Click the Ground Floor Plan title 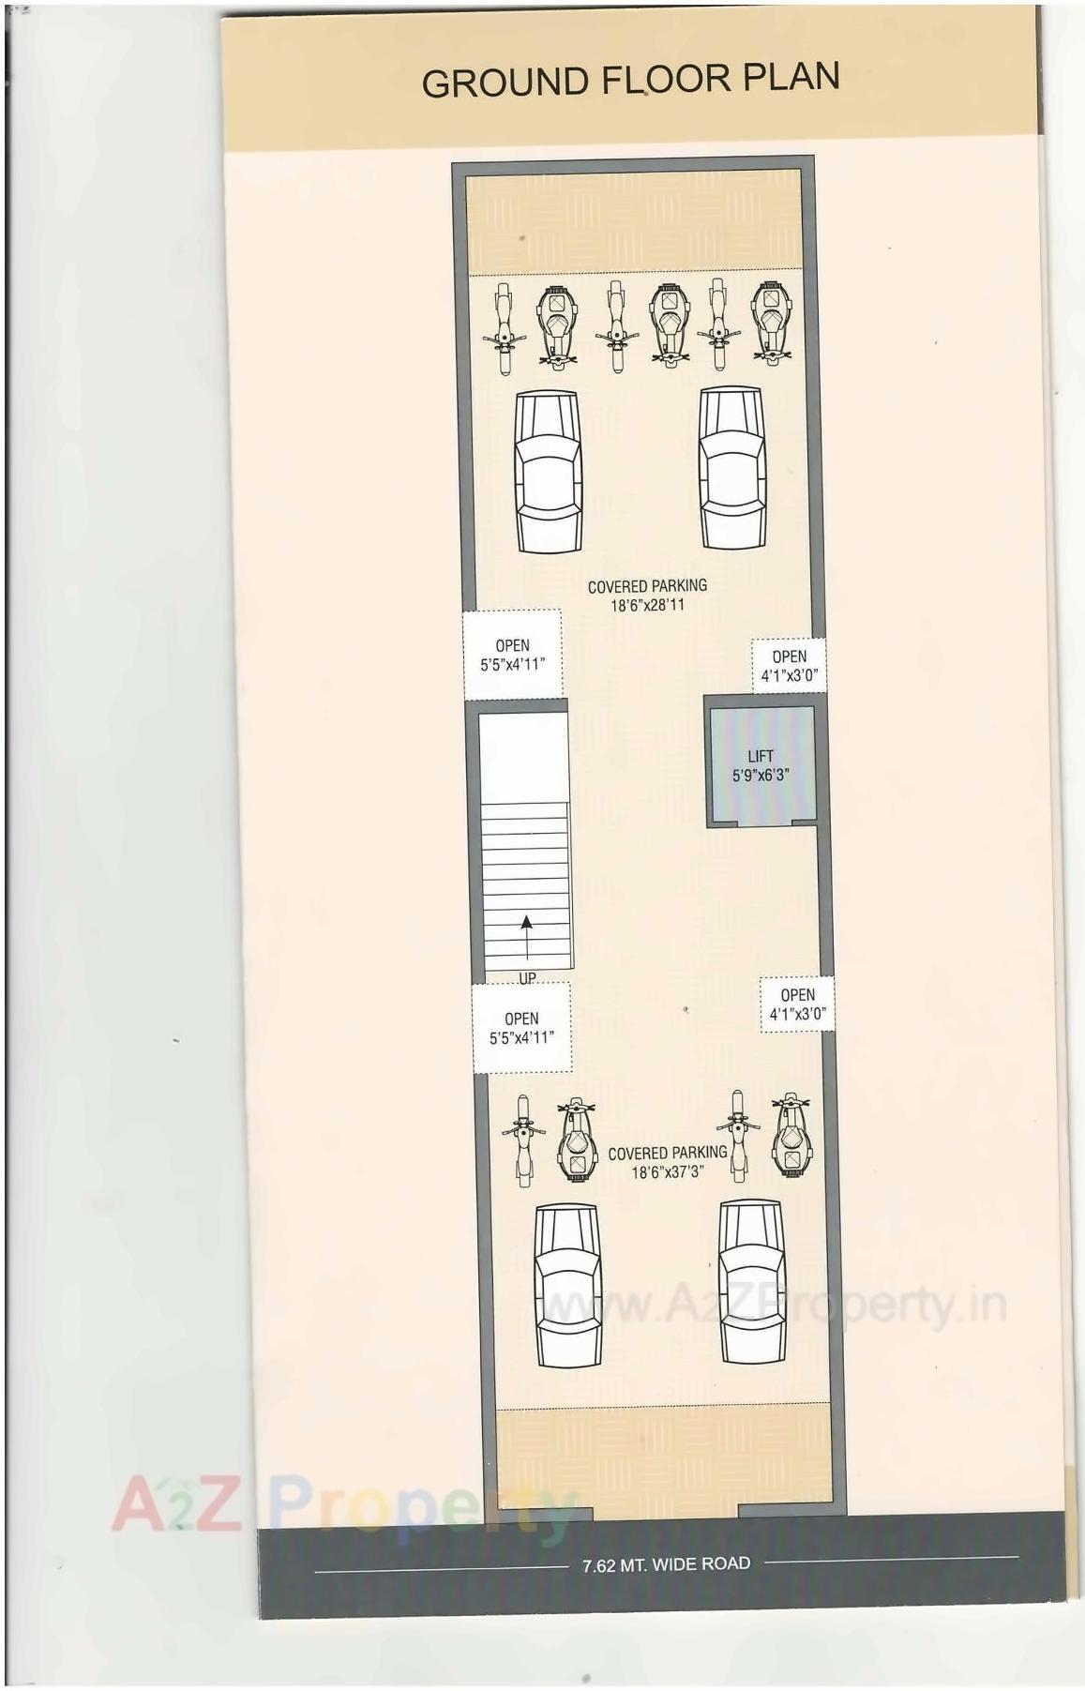tap(630, 81)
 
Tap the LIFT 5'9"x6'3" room tap(761, 765)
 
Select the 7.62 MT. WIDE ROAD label tap(666, 1563)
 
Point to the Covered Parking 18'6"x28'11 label tap(647, 595)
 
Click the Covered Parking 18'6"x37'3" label tap(667, 1162)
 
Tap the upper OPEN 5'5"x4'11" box tap(512, 655)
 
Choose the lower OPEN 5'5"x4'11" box tap(521, 1028)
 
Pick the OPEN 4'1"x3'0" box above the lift tap(789, 665)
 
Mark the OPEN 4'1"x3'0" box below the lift tap(797, 1004)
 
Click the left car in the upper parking tap(548, 471)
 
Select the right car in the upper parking tap(731, 468)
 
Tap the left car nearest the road tap(567, 1286)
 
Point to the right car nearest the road tap(752, 1282)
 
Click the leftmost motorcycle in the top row tap(504, 328)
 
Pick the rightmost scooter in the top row tap(771, 324)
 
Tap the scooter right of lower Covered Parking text tap(791, 1135)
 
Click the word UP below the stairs tap(527, 978)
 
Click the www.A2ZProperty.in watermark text tap(774, 1306)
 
